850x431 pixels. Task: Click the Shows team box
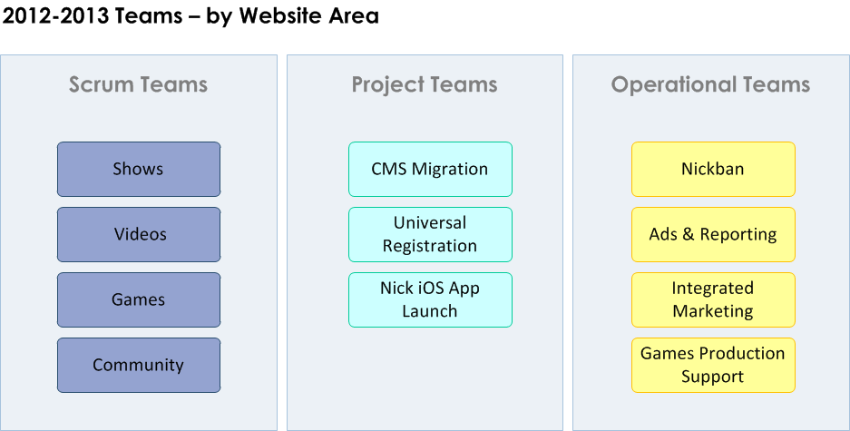pos(139,169)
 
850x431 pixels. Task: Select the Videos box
pos(139,235)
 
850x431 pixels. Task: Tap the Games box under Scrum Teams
pos(139,299)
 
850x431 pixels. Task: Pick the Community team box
pos(139,366)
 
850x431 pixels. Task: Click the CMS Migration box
pos(430,169)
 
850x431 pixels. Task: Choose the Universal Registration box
pos(430,235)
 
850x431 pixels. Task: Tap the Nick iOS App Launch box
pos(430,299)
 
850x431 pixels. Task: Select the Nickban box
pos(713,169)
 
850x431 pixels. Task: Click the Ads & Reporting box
pos(713,235)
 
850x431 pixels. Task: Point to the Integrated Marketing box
pos(713,299)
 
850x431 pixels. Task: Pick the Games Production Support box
pos(713,366)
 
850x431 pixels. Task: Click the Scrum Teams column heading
pos(138,84)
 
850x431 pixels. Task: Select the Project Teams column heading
pos(425,85)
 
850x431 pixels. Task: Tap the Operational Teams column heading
pos(710,85)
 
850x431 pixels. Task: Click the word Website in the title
pos(281,15)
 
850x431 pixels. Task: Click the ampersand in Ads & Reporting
pos(689,234)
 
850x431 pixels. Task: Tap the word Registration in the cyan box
pos(430,246)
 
